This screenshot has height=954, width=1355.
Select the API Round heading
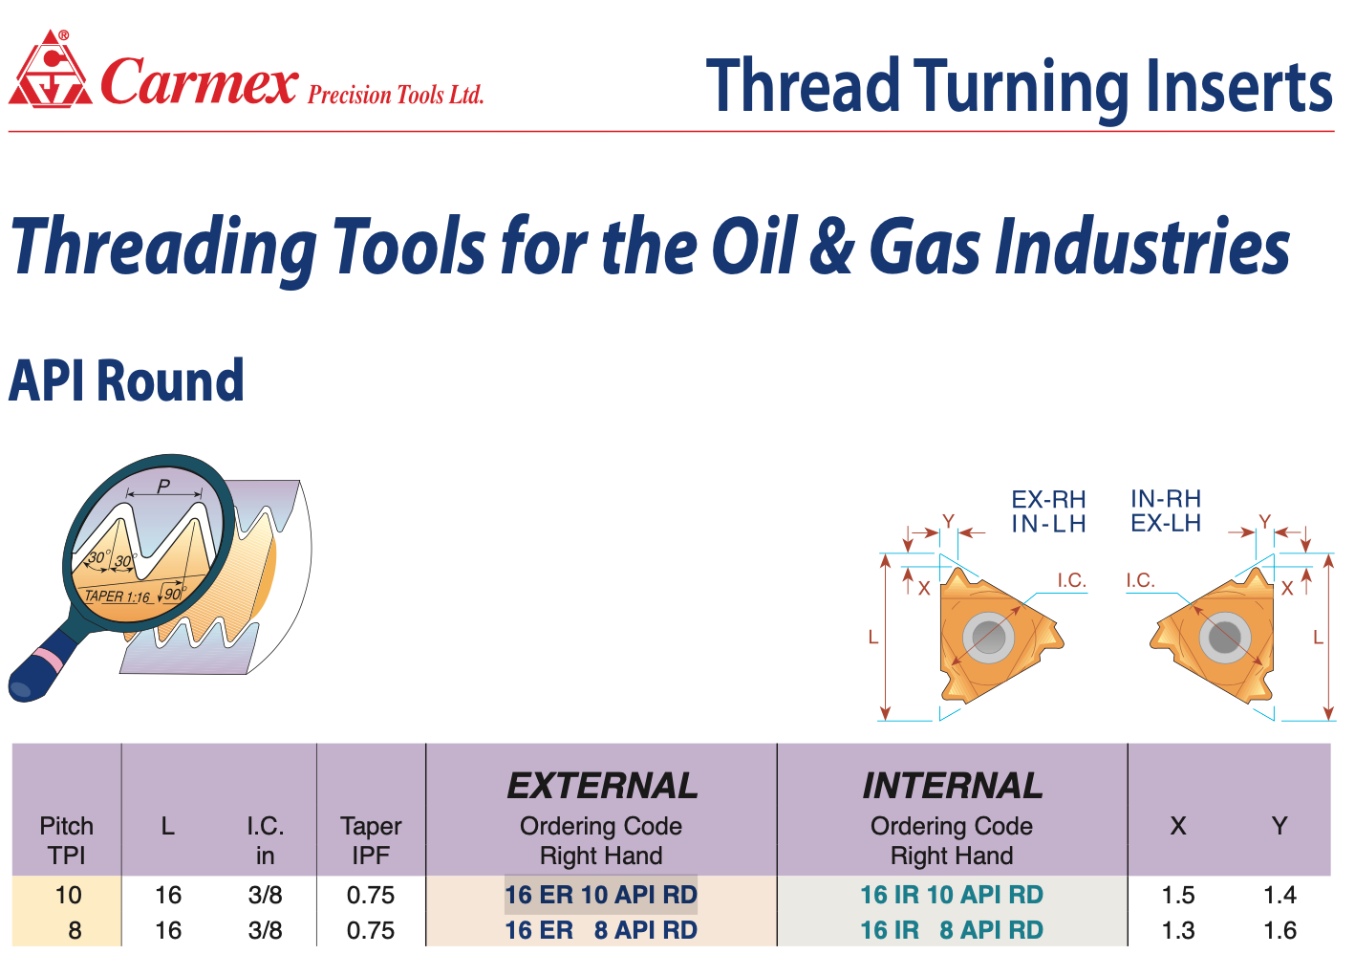[126, 380]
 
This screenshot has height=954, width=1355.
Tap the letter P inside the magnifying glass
[163, 486]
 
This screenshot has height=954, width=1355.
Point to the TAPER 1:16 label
[117, 596]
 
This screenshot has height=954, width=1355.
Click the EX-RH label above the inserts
[1048, 500]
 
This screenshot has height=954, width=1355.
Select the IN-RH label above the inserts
[1166, 499]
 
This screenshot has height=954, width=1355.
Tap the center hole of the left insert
[988, 637]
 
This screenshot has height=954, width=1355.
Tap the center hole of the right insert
[1224, 637]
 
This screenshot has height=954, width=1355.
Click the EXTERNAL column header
[602, 786]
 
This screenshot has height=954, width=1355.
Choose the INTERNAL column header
[952, 786]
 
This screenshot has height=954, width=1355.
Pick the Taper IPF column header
[371, 841]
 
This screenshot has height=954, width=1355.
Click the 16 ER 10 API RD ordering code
[601, 895]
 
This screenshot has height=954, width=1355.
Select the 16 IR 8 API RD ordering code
[952, 930]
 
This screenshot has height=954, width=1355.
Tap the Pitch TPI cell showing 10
[68, 895]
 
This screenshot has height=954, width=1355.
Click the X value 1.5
[1178, 895]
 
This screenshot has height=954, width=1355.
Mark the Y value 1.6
[1280, 930]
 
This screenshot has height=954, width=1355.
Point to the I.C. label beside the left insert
[1071, 581]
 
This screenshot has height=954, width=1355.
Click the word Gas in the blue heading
[924, 247]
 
